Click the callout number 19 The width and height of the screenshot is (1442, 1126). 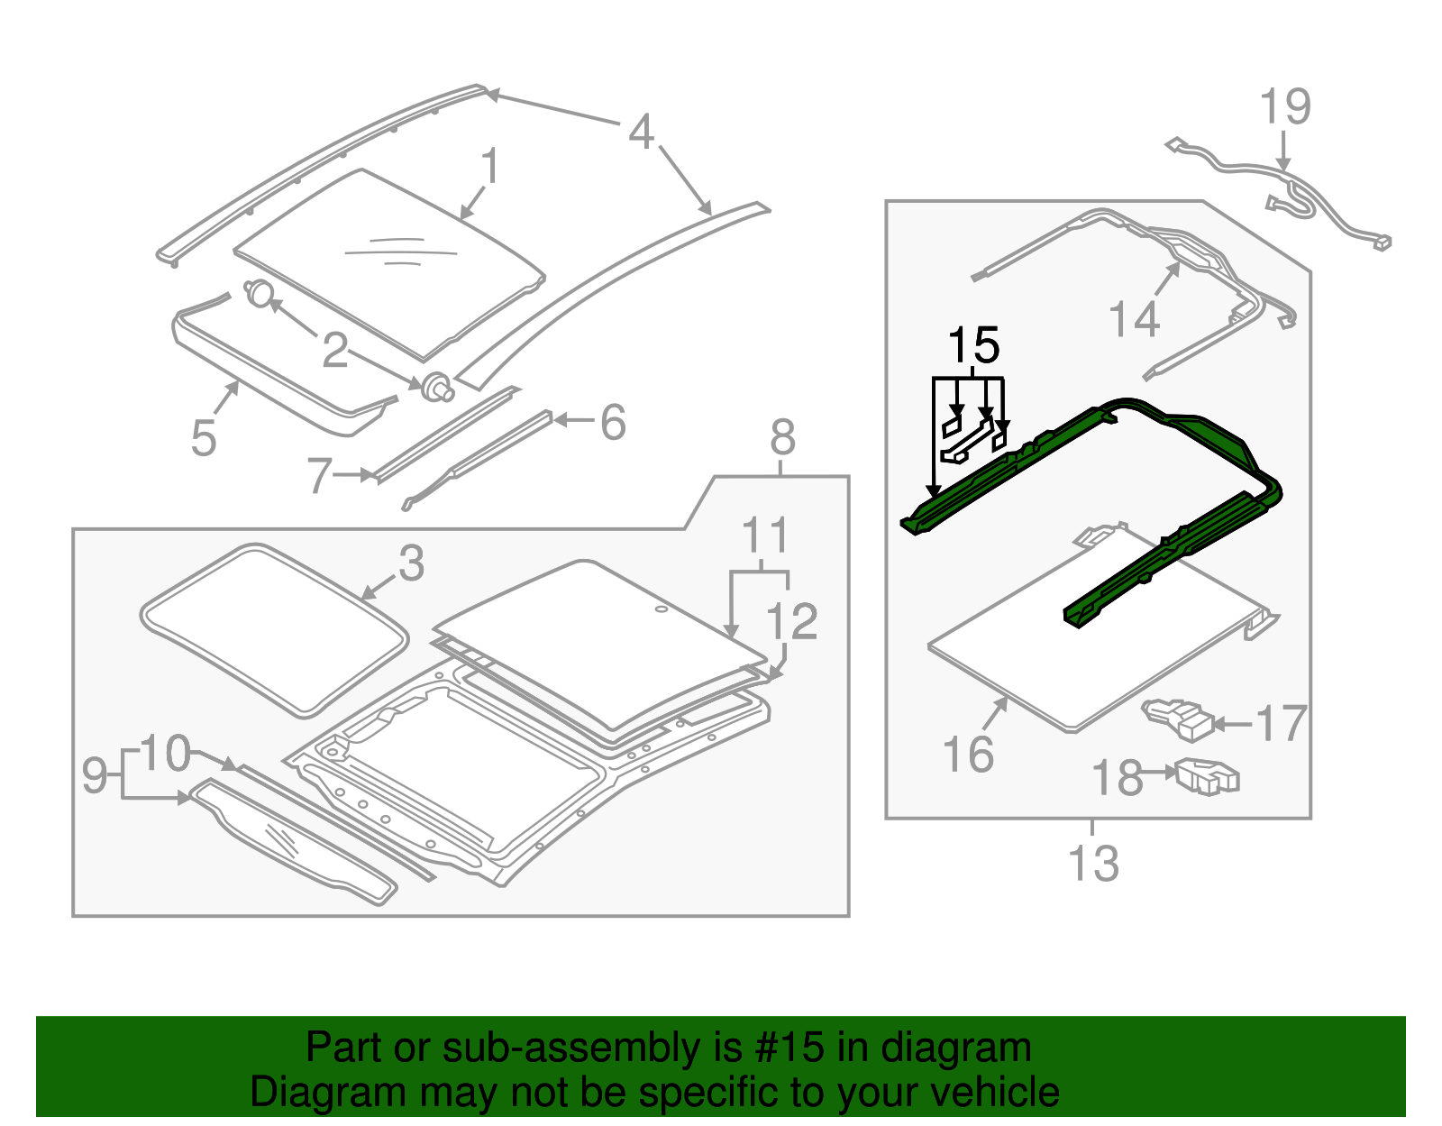[x=1284, y=106]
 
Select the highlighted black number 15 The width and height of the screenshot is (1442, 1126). [x=973, y=345]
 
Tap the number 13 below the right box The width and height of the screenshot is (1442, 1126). [x=1093, y=863]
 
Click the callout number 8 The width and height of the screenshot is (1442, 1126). [x=782, y=438]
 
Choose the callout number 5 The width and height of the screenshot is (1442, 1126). [x=204, y=439]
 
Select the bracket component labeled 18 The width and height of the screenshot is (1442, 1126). [x=1208, y=775]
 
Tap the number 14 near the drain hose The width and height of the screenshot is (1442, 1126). [x=1134, y=319]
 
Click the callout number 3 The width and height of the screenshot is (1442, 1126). [x=411, y=563]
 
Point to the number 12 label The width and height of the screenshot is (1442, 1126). [x=791, y=621]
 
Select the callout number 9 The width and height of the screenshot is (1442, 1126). [x=95, y=775]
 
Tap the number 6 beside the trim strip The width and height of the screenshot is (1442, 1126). [x=613, y=422]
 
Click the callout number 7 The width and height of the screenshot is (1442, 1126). [x=319, y=475]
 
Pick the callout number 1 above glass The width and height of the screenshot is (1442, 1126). [x=489, y=167]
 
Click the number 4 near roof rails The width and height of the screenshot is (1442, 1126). [x=641, y=132]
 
